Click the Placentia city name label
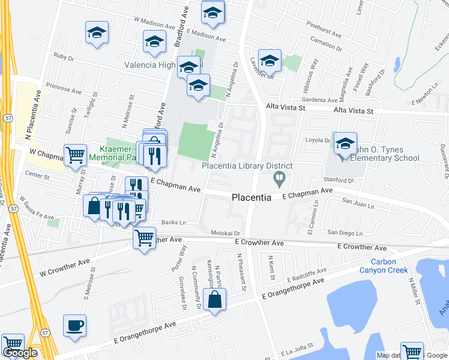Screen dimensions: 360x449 point(252,197)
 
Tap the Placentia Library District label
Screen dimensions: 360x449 point(247,166)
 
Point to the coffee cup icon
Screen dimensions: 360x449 point(74,325)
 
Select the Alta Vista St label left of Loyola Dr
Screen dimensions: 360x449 point(286,107)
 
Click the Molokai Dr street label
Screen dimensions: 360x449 point(225,233)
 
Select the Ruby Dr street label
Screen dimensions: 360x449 point(63,58)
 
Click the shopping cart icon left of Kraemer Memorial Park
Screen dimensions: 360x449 point(75,155)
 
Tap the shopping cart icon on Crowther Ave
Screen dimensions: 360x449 point(144,238)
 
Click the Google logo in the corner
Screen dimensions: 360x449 point(20,353)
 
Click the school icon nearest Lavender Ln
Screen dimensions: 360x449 point(270,61)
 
